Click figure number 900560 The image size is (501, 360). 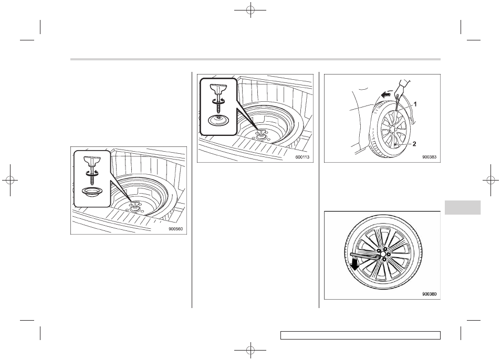(178, 229)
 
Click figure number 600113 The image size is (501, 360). (302, 157)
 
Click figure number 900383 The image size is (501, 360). (429, 157)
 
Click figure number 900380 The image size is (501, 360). (429, 294)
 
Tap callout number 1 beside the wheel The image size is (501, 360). (415, 104)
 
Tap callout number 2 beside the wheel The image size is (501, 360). (414, 144)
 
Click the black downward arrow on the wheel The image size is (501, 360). (354, 264)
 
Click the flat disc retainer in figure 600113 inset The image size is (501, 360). (218, 121)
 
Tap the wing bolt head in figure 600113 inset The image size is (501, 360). (218, 88)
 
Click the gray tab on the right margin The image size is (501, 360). (462, 207)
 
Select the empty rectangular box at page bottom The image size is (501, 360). (360, 335)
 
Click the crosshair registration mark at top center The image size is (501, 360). (250, 10)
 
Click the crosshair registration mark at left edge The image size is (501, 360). (10, 180)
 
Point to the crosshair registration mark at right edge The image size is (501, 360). (491, 180)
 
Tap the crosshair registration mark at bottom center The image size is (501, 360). (250, 350)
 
